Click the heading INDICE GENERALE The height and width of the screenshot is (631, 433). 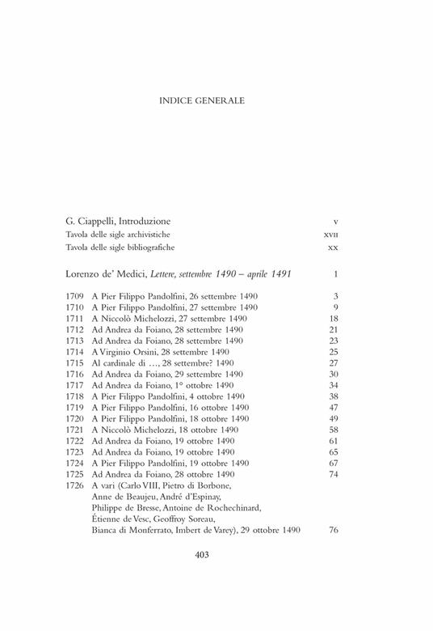click(203, 101)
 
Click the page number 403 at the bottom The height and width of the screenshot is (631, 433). click(203, 555)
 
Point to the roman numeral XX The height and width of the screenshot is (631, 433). click(332, 247)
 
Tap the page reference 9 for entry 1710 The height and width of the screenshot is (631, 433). click(335, 308)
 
